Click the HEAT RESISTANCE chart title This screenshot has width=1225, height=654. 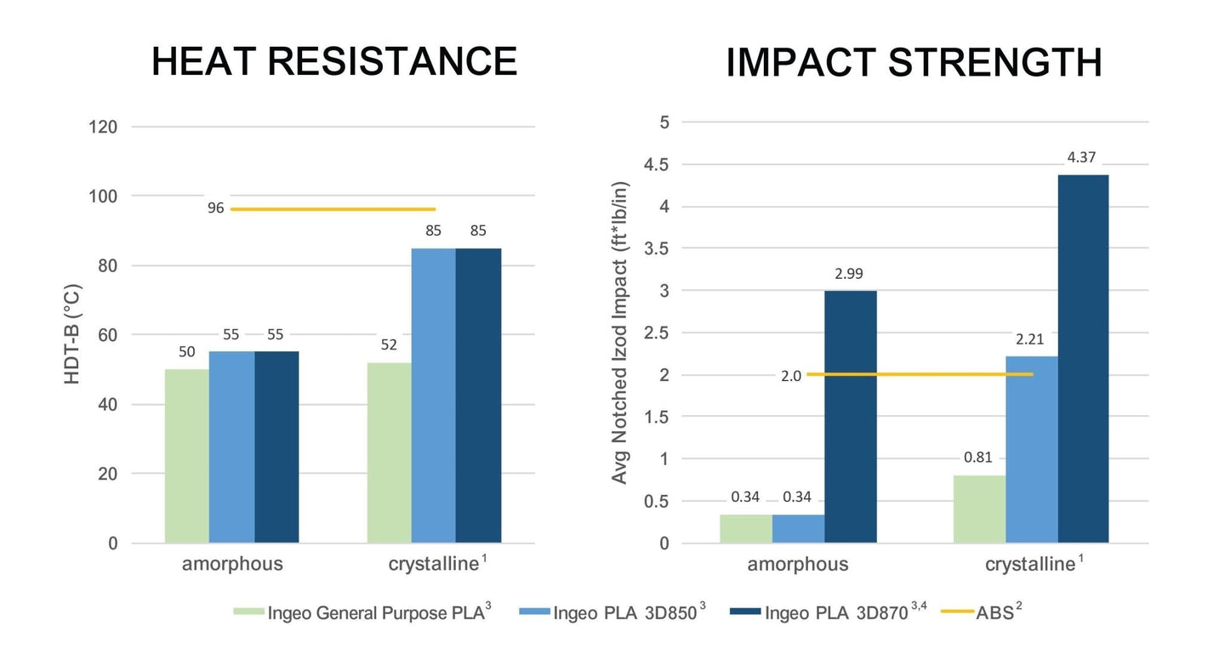tap(333, 62)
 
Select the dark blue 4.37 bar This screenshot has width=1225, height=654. tap(1083, 358)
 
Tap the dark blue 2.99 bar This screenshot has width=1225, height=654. tap(850, 417)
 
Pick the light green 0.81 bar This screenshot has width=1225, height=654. tap(979, 509)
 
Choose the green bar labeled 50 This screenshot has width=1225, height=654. tap(187, 456)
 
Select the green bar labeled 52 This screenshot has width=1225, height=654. tap(389, 452)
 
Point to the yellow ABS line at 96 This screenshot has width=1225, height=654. tap(332, 208)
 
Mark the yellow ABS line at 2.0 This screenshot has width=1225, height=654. tap(919, 374)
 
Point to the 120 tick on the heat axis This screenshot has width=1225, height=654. tap(102, 128)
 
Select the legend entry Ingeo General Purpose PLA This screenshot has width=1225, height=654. tap(374, 612)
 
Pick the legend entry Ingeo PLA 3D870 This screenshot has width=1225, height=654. tap(838, 612)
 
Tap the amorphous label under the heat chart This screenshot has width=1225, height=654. tap(232, 564)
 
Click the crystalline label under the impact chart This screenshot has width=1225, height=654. tap(1029, 564)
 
